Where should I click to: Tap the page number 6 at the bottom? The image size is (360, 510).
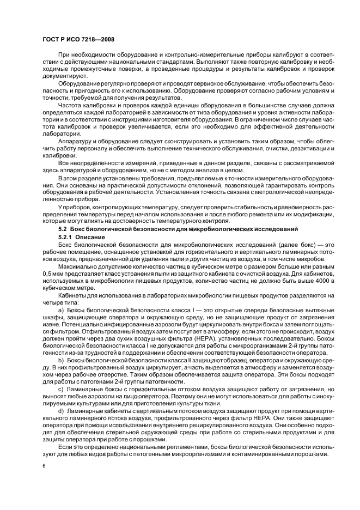[44, 466]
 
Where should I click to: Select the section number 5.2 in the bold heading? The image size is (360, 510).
[63, 229]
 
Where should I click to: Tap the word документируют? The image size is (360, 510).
[60, 77]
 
